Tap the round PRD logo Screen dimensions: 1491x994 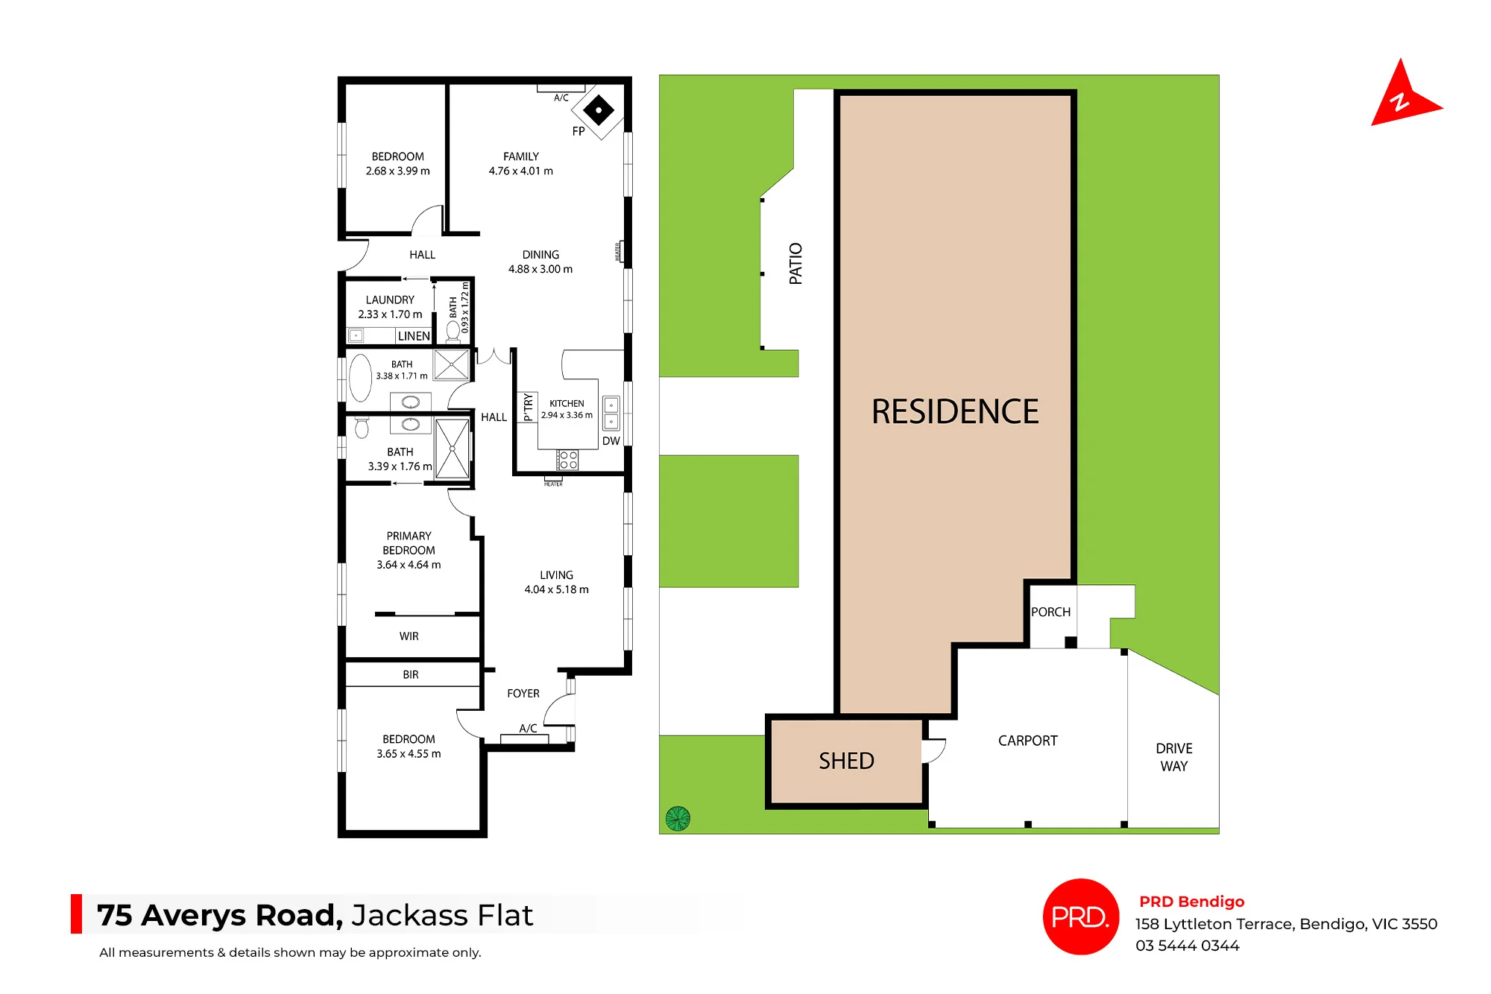pos(1081,917)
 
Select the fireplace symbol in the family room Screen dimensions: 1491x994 pos(598,110)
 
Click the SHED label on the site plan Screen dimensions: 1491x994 pos(846,761)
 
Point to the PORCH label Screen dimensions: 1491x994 pos(1050,612)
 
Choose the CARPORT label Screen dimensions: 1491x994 pos(1027,741)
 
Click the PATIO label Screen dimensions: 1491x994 pos(795,263)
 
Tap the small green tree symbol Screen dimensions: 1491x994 pos(678,818)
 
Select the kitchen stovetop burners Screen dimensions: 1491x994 pos(568,460)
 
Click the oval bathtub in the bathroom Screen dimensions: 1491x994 pos(361,379)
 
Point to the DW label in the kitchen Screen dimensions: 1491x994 pos(611,441)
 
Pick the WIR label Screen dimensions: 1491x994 pos(409,636)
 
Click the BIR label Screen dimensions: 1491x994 pos(411,674)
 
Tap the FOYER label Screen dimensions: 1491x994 pos(523,694)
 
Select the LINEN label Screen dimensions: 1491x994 pos(414,336)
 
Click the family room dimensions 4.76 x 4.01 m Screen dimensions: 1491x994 pos(521,171)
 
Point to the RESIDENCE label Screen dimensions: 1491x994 pos(955,411)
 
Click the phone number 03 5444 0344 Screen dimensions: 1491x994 pos(1187,946)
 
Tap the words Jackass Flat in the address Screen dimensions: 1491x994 pos(442,915)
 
